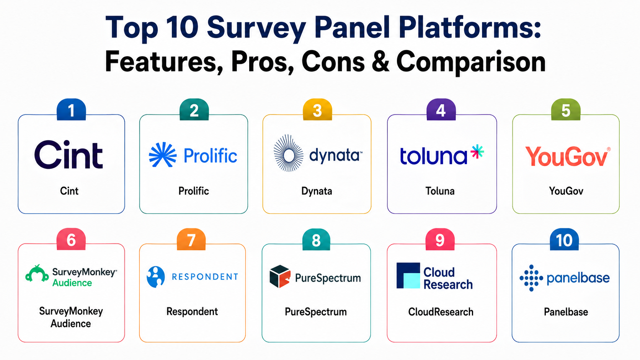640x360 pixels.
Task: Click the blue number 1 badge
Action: point(71,110)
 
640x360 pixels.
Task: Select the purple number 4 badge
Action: point(441,110)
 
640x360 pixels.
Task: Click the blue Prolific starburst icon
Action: point(163,155)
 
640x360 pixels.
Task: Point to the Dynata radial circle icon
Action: point(288,153)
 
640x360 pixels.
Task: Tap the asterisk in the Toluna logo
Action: point(477,151)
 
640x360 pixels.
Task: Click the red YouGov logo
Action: point(568,156)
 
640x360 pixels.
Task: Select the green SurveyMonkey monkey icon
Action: point(37,274)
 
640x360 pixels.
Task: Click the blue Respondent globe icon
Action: point(156,277)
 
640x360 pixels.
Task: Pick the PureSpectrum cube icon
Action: point(280,276)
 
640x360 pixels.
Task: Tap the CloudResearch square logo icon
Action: point(408,275)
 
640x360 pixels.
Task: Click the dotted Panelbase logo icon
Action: point(531,278)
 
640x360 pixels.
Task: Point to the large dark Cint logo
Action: point(69,155)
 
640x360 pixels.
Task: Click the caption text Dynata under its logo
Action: point(317,191)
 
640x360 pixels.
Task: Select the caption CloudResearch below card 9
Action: point(441,312)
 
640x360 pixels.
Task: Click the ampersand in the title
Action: point(380,61)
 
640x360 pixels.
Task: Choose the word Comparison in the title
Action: point(471,63)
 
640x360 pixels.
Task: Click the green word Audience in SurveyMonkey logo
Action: point(72,283)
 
